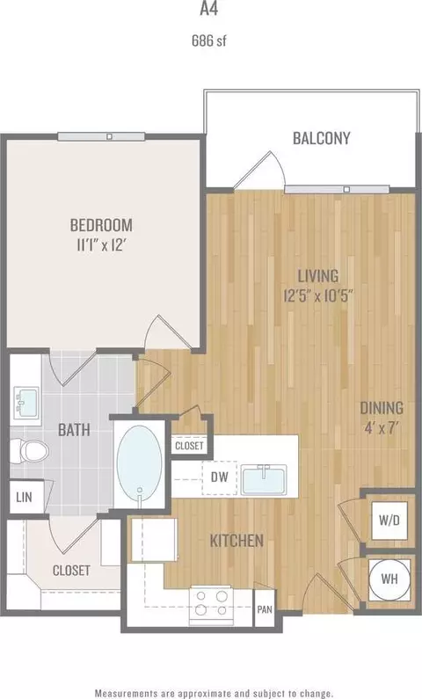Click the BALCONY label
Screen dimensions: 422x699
point(321,138)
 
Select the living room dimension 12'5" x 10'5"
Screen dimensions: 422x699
point(318,295)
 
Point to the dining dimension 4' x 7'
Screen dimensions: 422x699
point(381,429)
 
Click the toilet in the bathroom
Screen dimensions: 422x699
point(29,450)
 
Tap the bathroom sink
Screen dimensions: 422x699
point(25,403)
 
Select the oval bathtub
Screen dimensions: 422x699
point(139,462)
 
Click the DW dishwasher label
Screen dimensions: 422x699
point(219,477)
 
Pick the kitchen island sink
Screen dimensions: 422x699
point(264,480)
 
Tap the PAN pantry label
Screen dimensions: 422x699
point(265,608)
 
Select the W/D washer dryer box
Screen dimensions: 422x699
point(389,521)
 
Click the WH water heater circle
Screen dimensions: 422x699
point(389,579)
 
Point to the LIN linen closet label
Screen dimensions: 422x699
point(24,497)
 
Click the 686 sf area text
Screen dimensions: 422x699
point(209,41)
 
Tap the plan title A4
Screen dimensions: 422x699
point(208,9)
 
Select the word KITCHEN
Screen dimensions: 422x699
point(236,541)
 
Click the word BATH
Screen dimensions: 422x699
point(74,430)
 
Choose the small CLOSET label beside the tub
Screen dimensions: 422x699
point(189,446)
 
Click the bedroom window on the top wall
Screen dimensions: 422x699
point(101,136)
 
